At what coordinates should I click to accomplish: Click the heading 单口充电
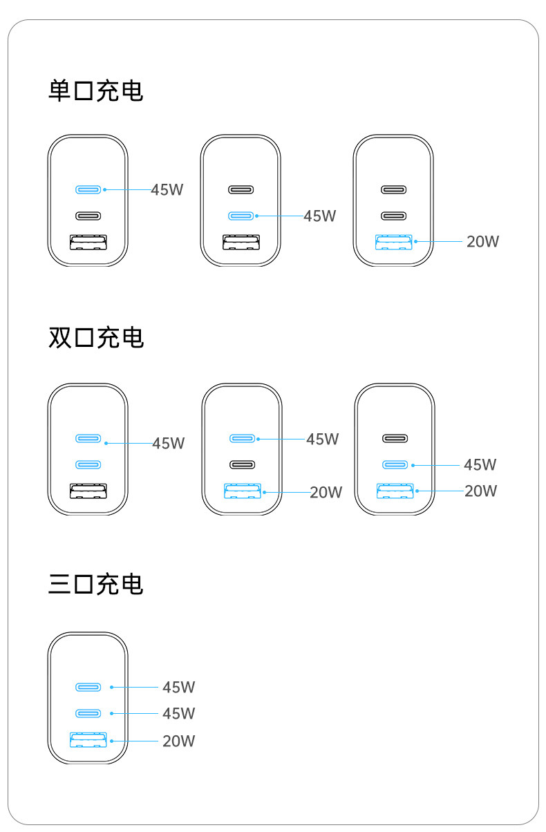tap(96, 91)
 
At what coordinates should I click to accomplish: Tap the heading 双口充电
tap(96, 337)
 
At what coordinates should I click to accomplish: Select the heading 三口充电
tap(96, 584)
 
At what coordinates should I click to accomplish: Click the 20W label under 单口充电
tap(482, 242)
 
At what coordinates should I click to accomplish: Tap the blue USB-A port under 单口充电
tap(393, 242)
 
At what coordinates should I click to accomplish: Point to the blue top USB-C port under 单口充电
tap(88, 189)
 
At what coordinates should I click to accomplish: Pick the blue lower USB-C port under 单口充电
tap(241, 216)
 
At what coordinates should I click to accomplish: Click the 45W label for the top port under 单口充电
tap(167, 189)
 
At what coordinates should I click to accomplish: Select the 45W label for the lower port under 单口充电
tap(319, 216)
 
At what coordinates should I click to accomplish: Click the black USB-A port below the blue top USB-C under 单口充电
tap(88, 242)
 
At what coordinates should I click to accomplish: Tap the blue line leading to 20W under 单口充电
tap(439, 242)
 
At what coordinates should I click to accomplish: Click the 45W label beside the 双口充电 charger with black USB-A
tap(168, 443)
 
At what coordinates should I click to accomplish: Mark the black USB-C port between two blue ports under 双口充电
tap(243, 464)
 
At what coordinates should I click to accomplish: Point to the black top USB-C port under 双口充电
tap(395, 438)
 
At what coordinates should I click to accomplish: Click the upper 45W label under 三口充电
tap(178, 687)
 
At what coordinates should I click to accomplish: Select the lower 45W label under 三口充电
tap(178, 713)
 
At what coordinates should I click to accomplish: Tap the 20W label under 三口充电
tap(178, 741)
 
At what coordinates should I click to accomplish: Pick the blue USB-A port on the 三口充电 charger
tap(88, 740)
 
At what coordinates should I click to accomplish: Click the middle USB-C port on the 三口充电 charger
tap(88, 713)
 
